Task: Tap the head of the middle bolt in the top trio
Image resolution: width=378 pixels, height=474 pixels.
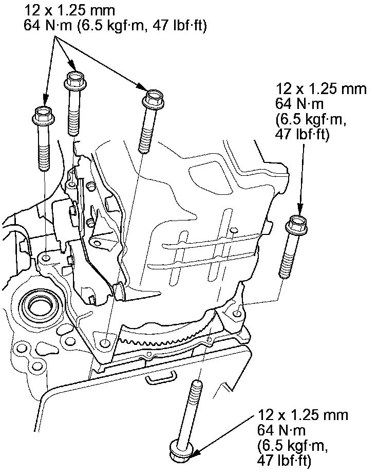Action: [x=73, y=80]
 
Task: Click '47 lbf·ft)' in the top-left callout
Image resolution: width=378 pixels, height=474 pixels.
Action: [x=174, y=26]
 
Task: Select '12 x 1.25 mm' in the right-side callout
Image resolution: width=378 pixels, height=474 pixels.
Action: [x=321, y=88]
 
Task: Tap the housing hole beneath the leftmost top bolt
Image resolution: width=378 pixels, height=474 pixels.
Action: [x=47, y=257]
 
